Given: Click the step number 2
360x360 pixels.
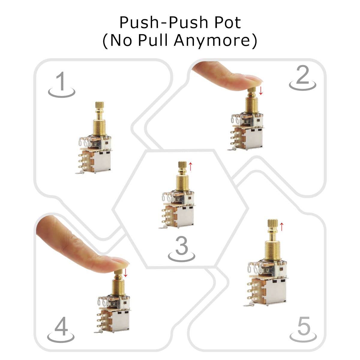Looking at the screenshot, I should coord(302,75).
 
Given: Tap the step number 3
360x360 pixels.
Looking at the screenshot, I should coord(181,246).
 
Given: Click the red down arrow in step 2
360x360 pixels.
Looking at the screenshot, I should coord(261,90).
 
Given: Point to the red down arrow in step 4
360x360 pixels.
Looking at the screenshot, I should coord(125,272).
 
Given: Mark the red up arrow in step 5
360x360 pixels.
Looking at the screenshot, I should coord(281,227).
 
